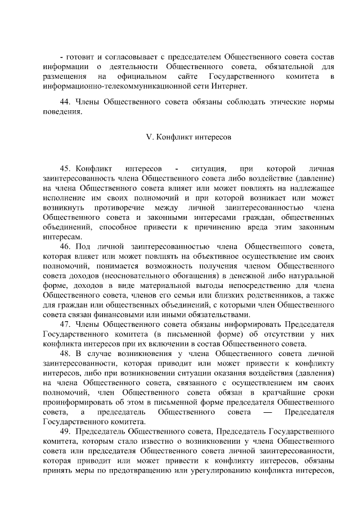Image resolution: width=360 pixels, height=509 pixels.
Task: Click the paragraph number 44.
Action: [x=64, y=102]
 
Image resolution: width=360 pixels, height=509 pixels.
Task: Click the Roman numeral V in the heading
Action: [x=148, y=136]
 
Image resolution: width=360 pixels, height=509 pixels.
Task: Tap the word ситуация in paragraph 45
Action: [x=209, y=168]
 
